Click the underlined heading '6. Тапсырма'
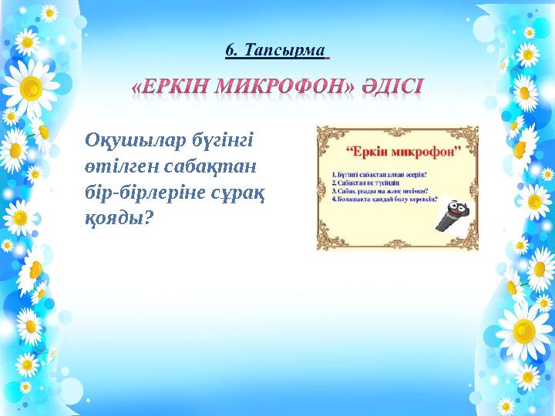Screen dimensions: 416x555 [x=275, y=51]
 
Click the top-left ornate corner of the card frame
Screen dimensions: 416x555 [x=324, y=133]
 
